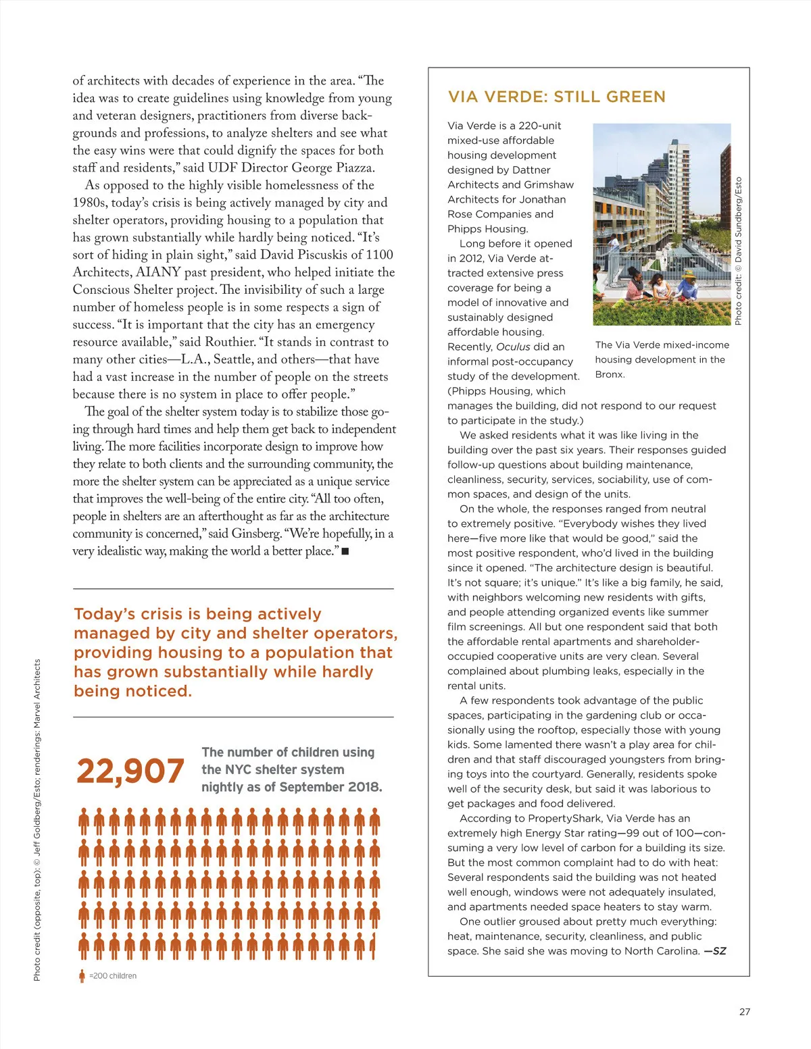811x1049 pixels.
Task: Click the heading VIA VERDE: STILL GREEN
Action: click(x=556, y=97)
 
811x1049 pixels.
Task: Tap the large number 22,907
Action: click(x=130, y=771)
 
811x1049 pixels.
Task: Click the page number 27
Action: click(x=745, y=1011)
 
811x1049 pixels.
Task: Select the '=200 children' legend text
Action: click(x=113, y=975)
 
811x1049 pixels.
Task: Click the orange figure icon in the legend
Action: click(x=82, y=975)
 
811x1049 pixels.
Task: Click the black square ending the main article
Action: click(x=345, y=551)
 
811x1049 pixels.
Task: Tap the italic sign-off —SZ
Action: click(x=715, y=951)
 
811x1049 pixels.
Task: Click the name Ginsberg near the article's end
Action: click(x=256, y=534)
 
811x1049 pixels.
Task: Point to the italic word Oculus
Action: click(x=514, y=347)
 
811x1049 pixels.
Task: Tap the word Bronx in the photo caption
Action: click(x=609, y=374)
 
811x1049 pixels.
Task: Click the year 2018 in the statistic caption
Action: click(x=364, y=787)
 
